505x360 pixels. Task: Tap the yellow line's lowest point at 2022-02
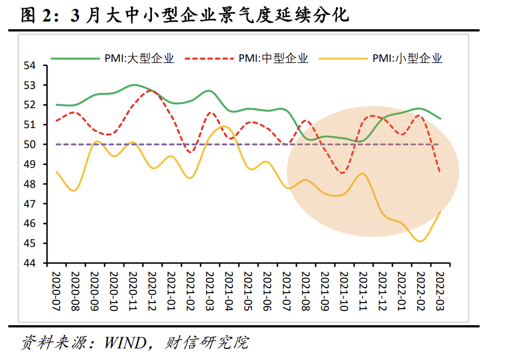420,241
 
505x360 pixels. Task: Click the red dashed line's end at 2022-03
440,172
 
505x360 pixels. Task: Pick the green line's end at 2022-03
440,119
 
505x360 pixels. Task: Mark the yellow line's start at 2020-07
56,172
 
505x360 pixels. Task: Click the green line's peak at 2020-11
133,85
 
